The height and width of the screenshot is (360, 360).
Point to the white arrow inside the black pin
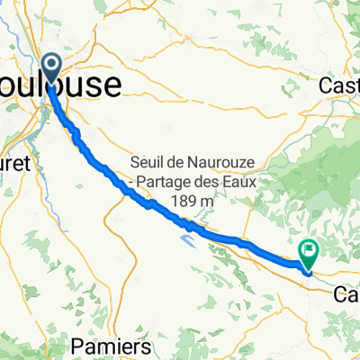click(51, 64)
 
